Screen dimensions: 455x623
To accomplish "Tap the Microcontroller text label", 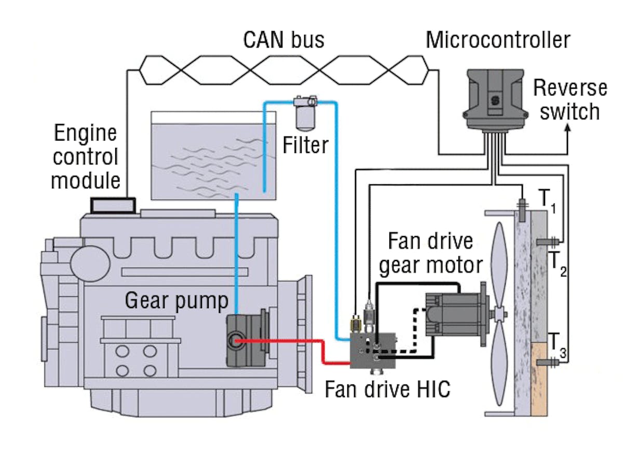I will [x=497, y=39].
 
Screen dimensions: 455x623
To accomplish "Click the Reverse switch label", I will [x=570, y=100].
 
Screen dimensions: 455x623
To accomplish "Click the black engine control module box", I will [x=113, y=205].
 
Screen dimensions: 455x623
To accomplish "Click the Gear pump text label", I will [x=177, y=300].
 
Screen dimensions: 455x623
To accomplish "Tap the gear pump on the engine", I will [x=245, y=340].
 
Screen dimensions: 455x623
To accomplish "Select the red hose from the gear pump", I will [x=291, y=341].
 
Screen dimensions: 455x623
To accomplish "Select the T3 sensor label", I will [x=557, y=344].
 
